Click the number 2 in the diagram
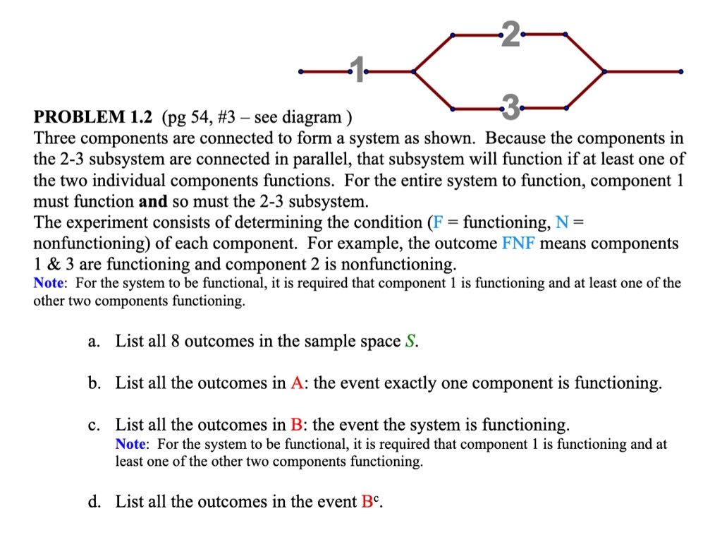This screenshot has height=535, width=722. coord(510,34)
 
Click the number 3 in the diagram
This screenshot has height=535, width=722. coord(510,107)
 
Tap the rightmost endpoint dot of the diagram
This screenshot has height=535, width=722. coord(680,71)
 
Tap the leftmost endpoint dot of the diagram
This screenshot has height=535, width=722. coord(301,71)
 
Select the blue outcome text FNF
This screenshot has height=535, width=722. coord(518,244)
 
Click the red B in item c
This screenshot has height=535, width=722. coord(297,425)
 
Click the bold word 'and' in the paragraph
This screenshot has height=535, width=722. coord(152,201)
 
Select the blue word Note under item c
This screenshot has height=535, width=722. coord(130,444)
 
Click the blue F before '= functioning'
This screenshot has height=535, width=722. coord(437,222)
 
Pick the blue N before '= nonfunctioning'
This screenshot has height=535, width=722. coord(561,222)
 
